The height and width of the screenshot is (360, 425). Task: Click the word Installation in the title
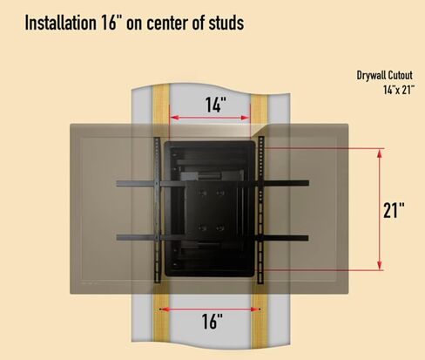(60, 23)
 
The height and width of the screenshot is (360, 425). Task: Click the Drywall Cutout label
(384, 76)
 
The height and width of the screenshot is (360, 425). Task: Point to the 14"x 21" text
(399, 90)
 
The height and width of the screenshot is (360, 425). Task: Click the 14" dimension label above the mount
(216, 105)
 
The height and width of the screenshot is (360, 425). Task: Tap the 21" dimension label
(394, 210)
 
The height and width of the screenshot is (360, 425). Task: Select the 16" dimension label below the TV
(212, 322)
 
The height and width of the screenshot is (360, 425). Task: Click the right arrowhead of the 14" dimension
(246, 118)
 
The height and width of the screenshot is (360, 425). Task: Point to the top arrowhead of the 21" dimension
(379, 153)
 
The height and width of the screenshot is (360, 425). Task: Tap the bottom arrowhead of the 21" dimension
(379, 265)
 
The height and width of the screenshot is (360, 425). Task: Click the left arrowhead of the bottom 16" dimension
(164, 309)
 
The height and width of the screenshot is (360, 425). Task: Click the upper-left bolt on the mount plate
(203, 194)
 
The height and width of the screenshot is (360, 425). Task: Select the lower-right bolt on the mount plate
(220, 228)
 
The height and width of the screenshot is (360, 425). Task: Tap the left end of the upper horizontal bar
(118, 184)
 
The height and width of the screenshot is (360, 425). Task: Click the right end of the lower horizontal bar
(307, 238)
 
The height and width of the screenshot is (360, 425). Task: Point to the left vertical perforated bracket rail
(157, 210)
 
